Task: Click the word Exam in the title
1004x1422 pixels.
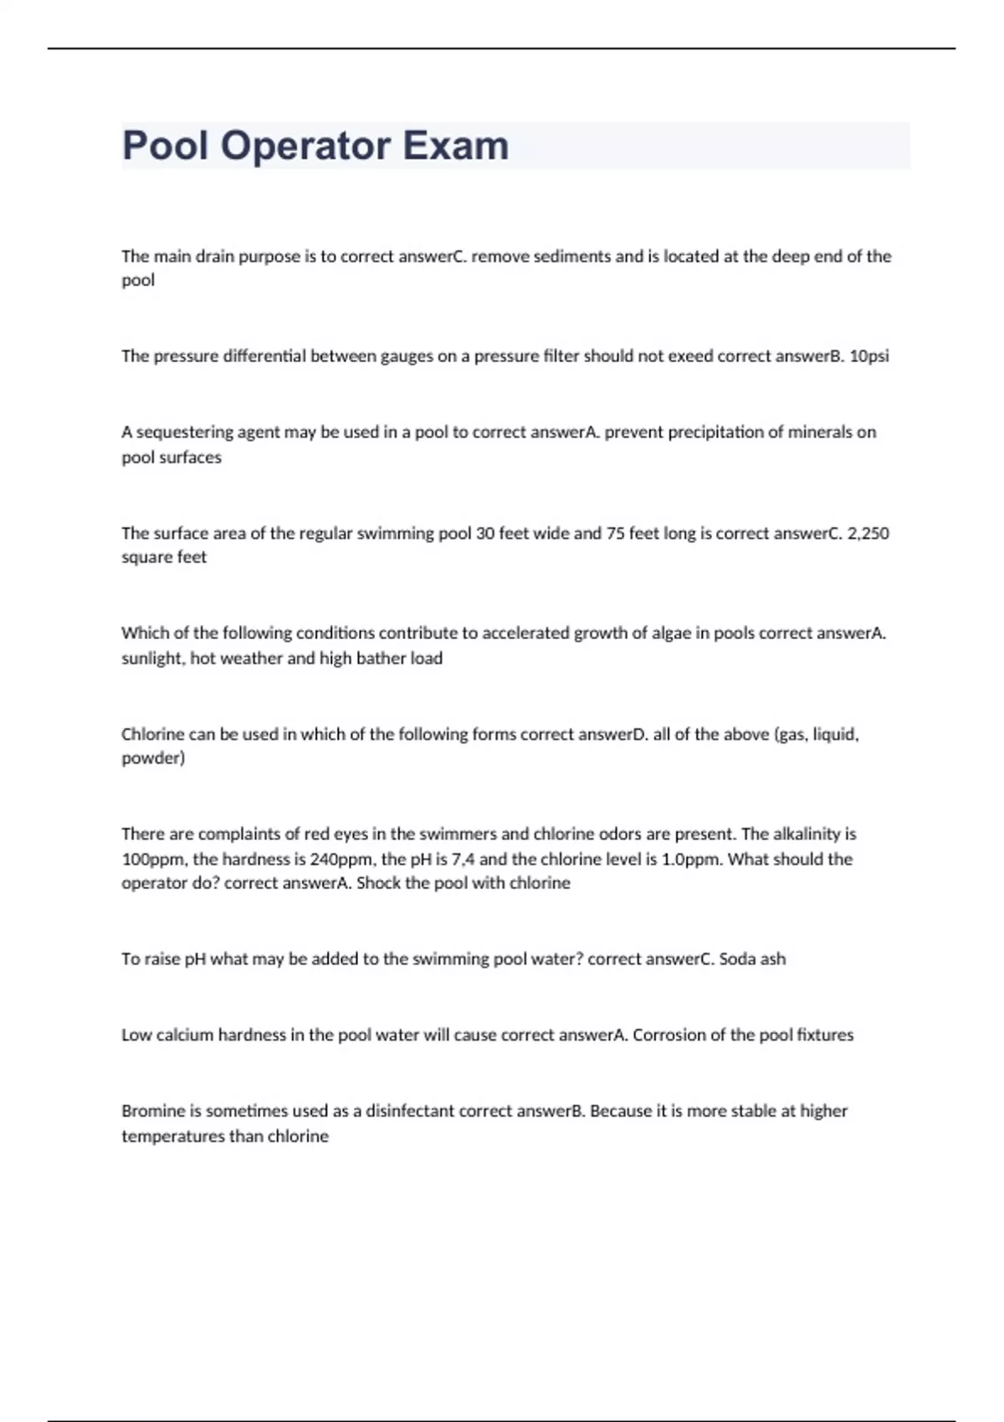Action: pos(456,146)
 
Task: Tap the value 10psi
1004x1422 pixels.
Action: pos(869,356)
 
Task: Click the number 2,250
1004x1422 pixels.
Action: pos(868,534)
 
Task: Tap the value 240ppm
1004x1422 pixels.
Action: pos(341,859)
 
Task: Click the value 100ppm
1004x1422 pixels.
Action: pos(155,859)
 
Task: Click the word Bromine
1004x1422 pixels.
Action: pos(151,1112)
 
